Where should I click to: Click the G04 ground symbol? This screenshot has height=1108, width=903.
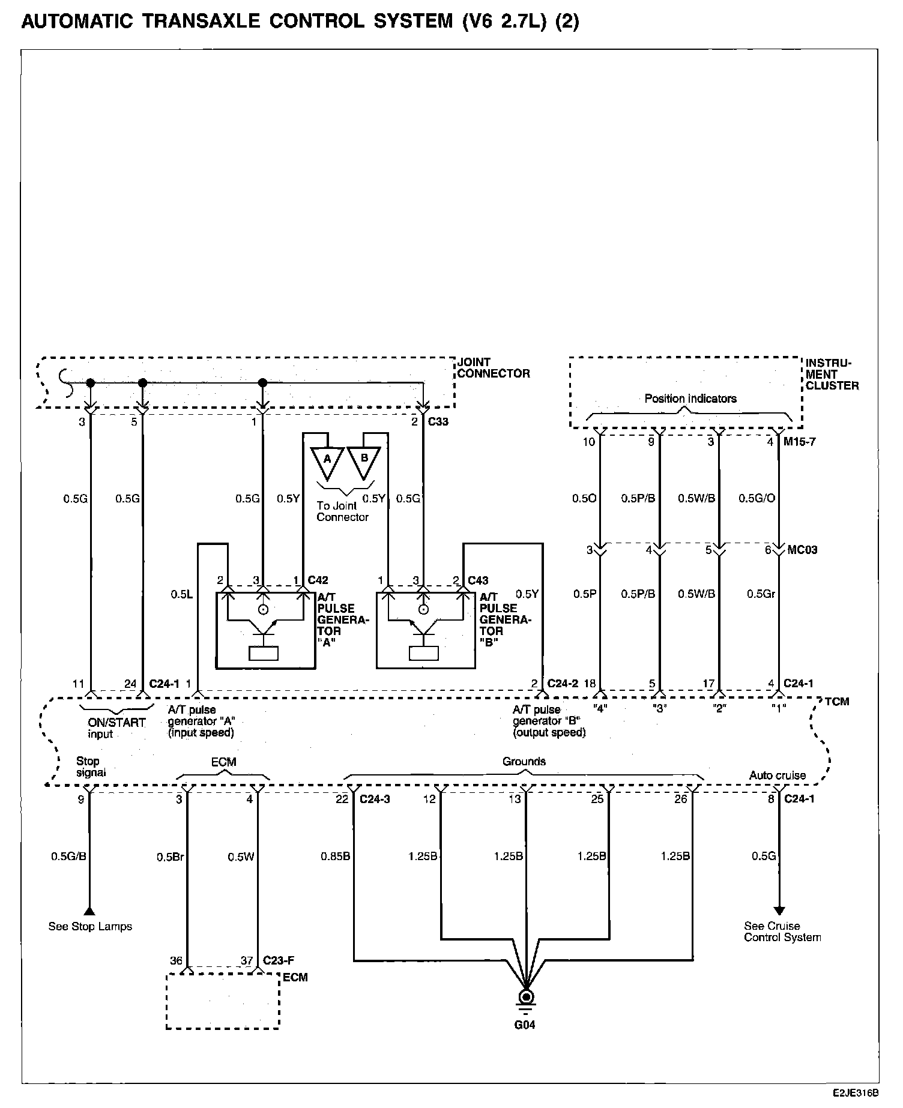pyautogui.click(x=526, y=998)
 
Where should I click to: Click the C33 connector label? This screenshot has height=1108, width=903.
pyautogui.click(x=438, y=422)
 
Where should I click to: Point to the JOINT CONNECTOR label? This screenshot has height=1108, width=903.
pyautogui.click(x=494, y=368)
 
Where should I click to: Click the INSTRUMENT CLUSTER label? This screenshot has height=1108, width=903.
pyautogui.click(x=832, y=374)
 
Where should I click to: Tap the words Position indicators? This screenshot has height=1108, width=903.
pyautogui.click(x=690, y=399)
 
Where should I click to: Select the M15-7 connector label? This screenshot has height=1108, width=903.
pyautogui.click(x=800, y=442)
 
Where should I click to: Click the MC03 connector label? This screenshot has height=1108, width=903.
pyautogui.click(x=802, y=550)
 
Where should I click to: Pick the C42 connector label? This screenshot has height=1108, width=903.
pyautogui.click(x=318, y=580)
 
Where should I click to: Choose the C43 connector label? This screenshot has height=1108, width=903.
pyautogui.click(x=478, y=580)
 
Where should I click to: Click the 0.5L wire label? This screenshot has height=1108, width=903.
pyautogui.click(x=181, y=594)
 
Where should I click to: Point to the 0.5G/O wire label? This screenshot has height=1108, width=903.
pyautogui.click(x=756, y=498)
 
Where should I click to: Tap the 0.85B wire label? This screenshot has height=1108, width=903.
pyautogui.click(x=335, y=857)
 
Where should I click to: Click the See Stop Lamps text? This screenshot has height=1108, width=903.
pyautogui.click(x=90, y=927)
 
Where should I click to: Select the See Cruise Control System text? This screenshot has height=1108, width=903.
pyautogui.click(x=782, y=932)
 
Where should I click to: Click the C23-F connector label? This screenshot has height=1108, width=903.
pyautogui.click(x=279, y=960)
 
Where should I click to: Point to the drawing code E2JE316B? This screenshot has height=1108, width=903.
pyautogui.click(x=855, y=1094)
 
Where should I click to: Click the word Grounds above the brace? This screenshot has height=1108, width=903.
pyautogui.click(x=524, y=762)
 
